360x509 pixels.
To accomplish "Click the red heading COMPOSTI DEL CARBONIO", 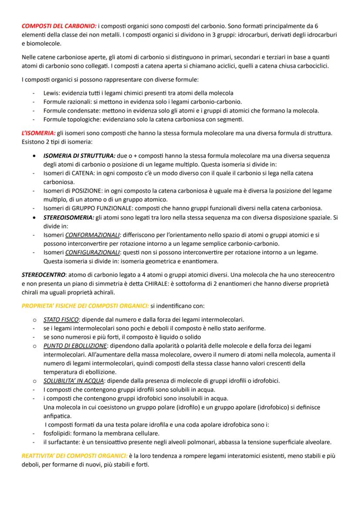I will click(x=58, y=26).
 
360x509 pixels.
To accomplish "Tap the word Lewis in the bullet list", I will click(x=51, y=93).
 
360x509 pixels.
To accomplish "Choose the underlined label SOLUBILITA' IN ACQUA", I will click(x=74, y=381).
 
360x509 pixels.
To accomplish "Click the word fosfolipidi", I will click(x=58, y=434).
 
